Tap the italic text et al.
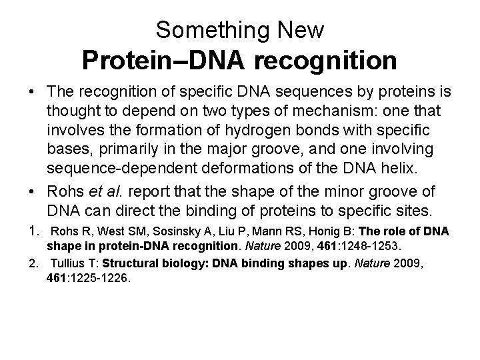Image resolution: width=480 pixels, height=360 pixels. click(x=111, y=192)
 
